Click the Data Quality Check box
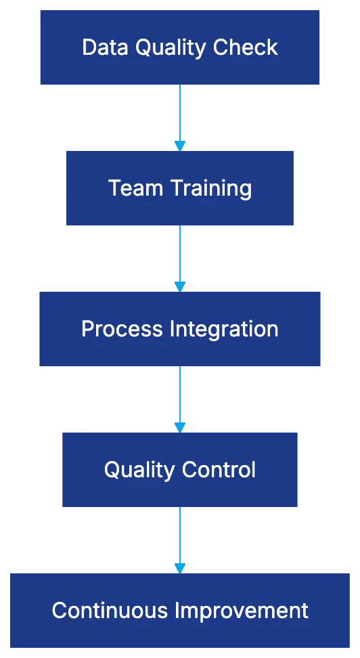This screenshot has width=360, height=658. tap(180, 47)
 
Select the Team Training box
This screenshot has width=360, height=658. tap(180, 188)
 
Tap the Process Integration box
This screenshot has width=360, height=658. tap(180, 329)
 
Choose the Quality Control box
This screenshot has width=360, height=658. tap(180, 470)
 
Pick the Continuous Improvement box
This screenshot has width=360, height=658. tap(180, 611)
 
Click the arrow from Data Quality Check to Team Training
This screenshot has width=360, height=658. tap(180, 115)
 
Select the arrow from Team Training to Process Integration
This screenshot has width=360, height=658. tap(180, 256)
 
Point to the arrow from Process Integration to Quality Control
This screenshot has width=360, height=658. tap(180, 397)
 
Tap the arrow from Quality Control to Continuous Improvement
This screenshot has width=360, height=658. tap(180, 538)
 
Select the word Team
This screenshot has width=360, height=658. tap(135, 188)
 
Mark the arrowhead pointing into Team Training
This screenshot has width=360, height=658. tap(180, 145)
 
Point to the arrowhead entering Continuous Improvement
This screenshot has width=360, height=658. tap(180, 567)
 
